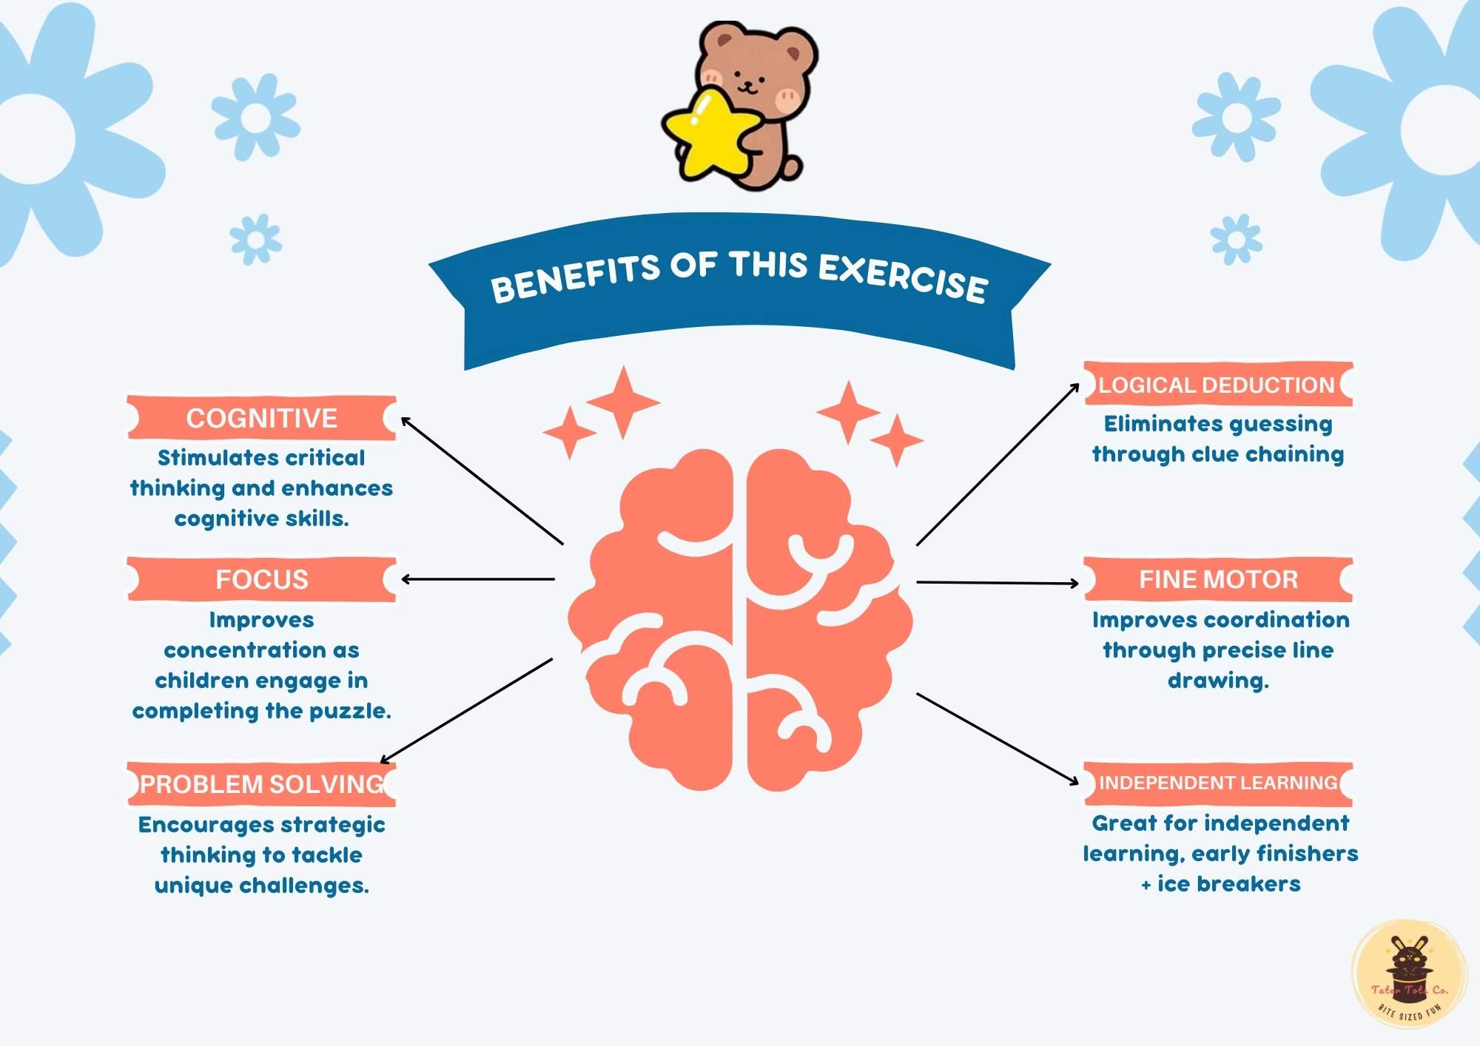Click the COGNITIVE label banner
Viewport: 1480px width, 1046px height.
click(261, 418)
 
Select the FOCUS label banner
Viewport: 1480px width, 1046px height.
click(261, 579)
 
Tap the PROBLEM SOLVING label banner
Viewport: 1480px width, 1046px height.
click(261, 784)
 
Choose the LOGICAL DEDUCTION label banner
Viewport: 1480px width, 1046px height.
click(1217, 385)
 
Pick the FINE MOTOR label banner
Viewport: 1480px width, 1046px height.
click(1218, 579)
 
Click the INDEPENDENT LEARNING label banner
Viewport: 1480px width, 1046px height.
click(1218, 783)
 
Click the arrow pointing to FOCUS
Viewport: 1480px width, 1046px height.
click(477, 579)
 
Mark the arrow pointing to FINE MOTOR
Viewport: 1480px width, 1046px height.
click(997, 583)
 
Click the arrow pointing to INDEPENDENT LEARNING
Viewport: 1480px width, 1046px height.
click(997, 738)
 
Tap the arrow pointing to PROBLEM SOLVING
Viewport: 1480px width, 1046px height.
click(466, 710)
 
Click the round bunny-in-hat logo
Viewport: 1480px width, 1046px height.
click(1409, 975)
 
